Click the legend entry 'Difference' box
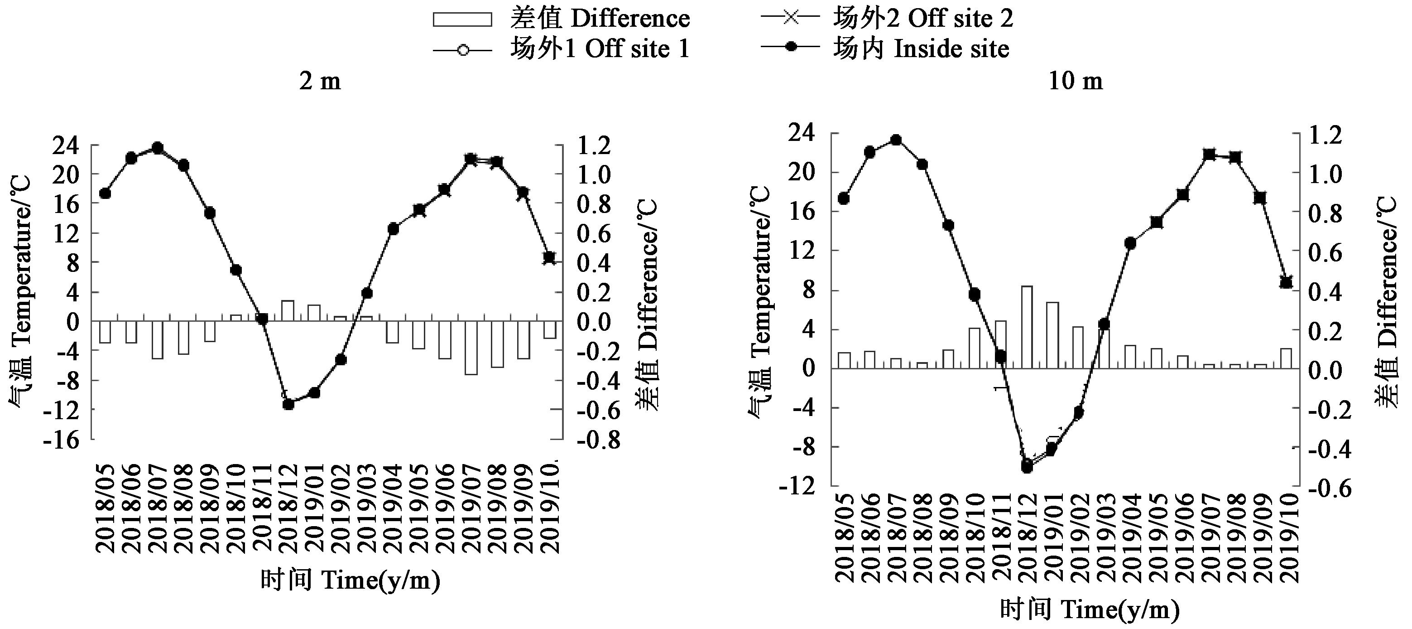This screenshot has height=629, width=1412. (x=461, y=19)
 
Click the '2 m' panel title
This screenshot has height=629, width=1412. (x=320, y=81)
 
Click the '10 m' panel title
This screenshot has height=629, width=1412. (x=1076, y=81)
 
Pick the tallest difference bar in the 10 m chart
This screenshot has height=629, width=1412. (x=1027, y=327)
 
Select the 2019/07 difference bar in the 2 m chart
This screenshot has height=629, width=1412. (x=471, y=348)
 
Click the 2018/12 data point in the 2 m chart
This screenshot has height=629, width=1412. (x=289, y=404)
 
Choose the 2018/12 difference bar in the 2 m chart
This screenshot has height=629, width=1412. (x=288, y=310)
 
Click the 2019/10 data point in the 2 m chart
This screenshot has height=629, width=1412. (x=549, y=258)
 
